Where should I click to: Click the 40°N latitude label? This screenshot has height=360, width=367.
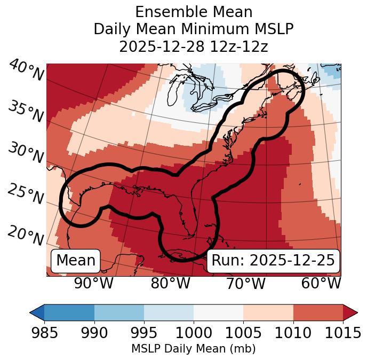26,71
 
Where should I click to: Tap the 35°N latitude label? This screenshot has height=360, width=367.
26,111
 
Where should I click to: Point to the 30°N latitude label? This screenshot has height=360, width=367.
26,153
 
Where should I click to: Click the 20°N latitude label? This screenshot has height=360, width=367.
26,236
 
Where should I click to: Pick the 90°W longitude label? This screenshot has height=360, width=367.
93,283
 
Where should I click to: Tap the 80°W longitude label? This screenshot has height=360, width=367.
170,283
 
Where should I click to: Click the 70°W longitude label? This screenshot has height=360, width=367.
245,283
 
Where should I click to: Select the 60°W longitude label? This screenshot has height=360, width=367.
321,283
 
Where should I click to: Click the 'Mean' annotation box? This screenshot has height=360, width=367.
76,261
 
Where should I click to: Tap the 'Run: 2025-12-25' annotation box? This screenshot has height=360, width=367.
273,261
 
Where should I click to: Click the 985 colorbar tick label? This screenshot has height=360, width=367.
44,333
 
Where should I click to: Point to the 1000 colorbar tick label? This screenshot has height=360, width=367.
194,333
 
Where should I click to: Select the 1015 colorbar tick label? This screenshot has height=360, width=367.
342,333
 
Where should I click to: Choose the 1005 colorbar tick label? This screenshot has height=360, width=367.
243,333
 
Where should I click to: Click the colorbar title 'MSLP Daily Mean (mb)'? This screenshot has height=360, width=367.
193,349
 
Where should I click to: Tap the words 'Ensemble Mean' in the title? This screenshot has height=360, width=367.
194,12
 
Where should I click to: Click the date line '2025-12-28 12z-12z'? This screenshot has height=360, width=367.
194,46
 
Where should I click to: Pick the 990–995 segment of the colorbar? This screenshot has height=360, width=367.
119,312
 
